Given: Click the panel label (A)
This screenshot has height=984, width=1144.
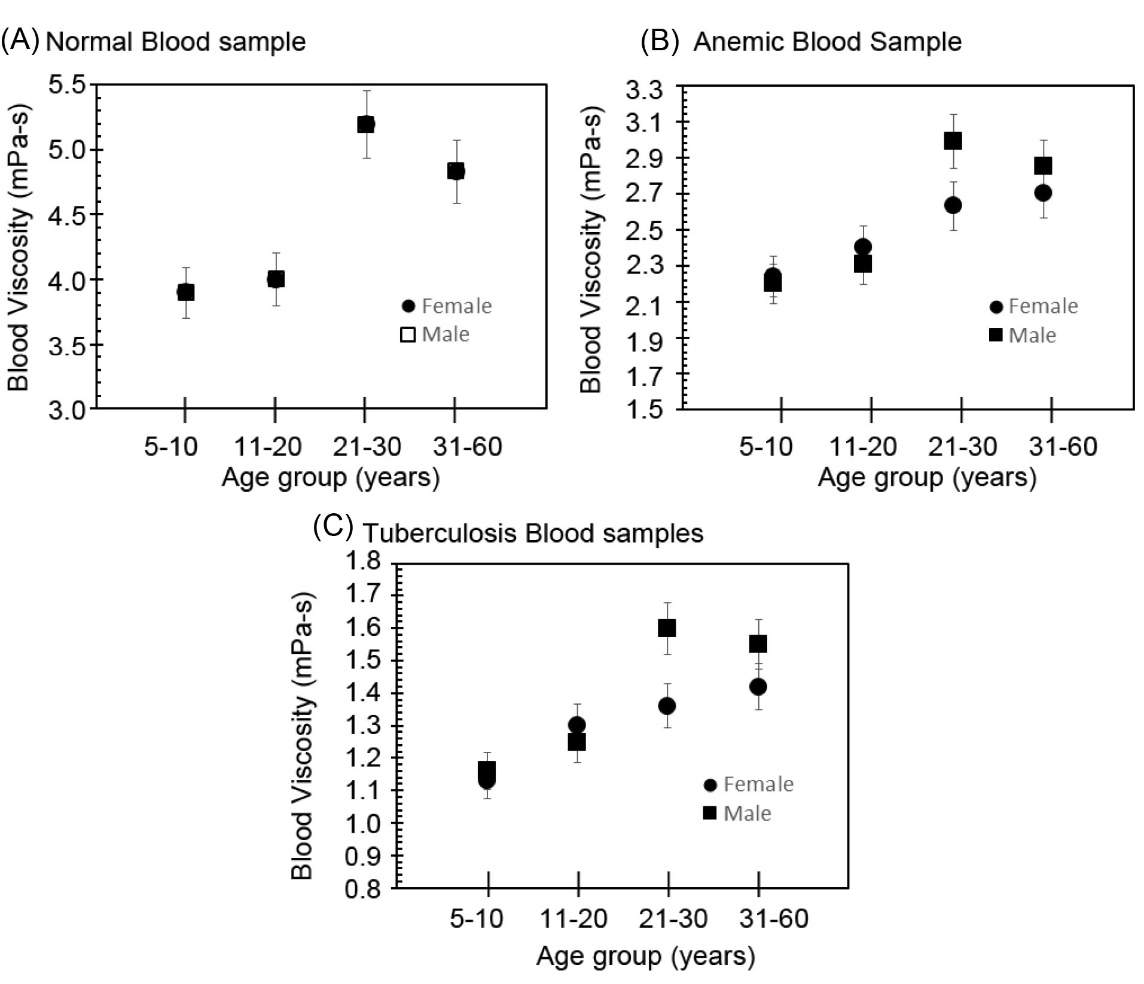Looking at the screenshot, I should click(x=20, y=41).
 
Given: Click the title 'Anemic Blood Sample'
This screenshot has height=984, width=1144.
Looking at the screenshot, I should click(x=827, y=42).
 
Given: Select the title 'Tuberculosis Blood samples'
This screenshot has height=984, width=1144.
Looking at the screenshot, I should click(x=533, y=533).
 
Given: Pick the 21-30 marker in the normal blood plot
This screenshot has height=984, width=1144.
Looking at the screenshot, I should click(x=366, y=124).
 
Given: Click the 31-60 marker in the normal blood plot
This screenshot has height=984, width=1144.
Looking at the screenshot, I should click(x=456, y=171).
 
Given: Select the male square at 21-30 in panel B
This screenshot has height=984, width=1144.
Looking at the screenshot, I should click(x=953, y=141).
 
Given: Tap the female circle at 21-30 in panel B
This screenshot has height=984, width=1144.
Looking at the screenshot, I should click(x=953, y=205).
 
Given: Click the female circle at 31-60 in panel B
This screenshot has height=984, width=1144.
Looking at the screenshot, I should click(x=1043, y=193).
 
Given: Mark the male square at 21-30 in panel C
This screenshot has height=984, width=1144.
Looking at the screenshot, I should click(x=667, y=628).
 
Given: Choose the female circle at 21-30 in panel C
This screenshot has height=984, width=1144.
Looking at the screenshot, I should click(x=667, y=706).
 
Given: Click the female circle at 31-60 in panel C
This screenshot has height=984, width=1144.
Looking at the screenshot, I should click(x=758, y=687).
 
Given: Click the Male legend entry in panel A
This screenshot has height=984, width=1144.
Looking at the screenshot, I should click(x=435, y=334).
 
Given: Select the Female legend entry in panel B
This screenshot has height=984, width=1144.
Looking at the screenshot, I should click(x=1033, y=306).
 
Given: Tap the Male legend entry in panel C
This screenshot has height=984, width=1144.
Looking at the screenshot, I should click(x=737, y=813).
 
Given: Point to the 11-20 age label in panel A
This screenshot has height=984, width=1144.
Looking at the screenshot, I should click(x=267, y=447).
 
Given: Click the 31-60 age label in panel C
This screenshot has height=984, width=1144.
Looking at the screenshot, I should click(x=773, y=918).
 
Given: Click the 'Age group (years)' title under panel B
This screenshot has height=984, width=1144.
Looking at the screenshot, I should click(x=927, y=478).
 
